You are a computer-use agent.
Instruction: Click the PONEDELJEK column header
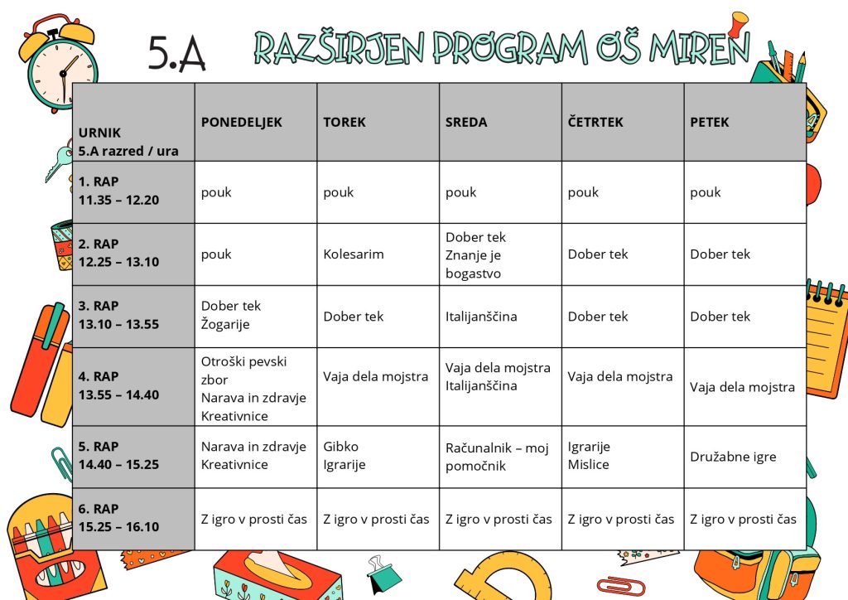click(241, 122)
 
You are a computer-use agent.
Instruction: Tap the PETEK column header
click(710, 122)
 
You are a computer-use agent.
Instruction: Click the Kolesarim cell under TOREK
click(354, 254)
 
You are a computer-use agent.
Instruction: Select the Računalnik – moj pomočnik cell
click(497, 457)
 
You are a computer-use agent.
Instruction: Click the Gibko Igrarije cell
click(344, 456)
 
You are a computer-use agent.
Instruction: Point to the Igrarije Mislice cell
click(589, 456)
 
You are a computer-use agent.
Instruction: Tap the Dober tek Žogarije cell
click(231, 316)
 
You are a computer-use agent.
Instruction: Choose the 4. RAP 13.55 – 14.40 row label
click(119, 386)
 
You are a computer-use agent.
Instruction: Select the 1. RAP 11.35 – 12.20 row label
click(119, 191)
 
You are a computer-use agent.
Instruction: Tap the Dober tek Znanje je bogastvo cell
click(475, 254)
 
